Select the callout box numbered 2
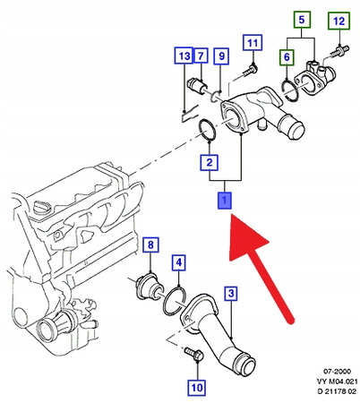(209, 163)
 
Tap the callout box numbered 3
(230, 294)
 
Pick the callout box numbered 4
(180, 262)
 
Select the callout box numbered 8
(150, 245)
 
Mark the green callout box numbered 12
(339, 20)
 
